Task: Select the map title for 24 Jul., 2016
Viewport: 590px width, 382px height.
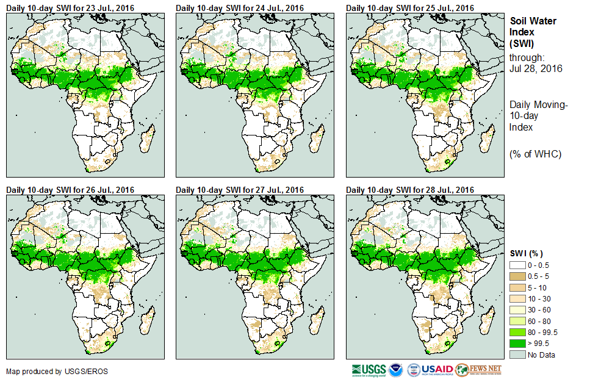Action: pyautogui.click(x=240, y=7)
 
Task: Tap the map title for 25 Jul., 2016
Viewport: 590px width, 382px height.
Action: pyautogui.click(x=410, y=7)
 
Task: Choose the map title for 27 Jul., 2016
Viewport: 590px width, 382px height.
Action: pyautogui.click(x=240, y=190)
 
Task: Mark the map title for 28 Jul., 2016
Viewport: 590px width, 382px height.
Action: pyautogui.click(x=410, y=190)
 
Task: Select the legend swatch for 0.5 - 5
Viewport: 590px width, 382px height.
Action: pyautogui.click(x=517, y=276)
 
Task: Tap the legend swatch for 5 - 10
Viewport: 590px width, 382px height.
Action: pyautogui.click(x=517, y=287)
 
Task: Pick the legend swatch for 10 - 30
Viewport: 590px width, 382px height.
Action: pyautogui.click(x=517, y=298)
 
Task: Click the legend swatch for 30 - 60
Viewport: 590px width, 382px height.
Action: pyautogui.click(x=517, y=309)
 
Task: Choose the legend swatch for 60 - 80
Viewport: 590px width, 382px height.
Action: pyautogui.click(x=517, y=321)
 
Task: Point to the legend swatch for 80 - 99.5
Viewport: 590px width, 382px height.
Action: pyautogui.click(x=517, y=332)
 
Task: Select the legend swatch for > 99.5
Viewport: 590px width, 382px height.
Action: pyautogui.click(x=517, y=344)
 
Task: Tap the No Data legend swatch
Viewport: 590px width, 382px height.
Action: pyautogui.click(x=517, y=355)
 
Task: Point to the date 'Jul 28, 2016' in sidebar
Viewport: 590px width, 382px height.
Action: pyautogui.click(x=536, y=68)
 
